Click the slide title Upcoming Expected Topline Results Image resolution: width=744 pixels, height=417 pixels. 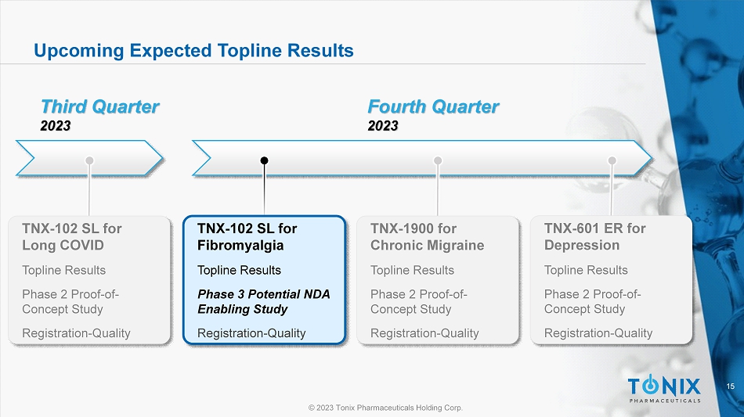tap(193, 51)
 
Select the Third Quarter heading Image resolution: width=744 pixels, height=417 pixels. tap(99, 106)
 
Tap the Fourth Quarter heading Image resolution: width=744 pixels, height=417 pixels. tap(433, 106)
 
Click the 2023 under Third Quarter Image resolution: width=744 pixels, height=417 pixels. tap(56, 126)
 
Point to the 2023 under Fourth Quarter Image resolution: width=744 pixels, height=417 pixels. tap(383, 126)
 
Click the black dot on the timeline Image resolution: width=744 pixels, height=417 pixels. tap(264, 160)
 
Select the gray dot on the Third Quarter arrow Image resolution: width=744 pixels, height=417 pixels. tap(89, 160)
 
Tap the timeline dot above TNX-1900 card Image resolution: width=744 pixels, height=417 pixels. tap(438, 160)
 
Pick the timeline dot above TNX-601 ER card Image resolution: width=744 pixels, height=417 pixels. tap(612, 160)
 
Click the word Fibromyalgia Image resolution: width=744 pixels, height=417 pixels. tap(240, 246)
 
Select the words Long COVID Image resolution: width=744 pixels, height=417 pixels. tap(63, 246)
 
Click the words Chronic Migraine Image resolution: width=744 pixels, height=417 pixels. tap(427, 246)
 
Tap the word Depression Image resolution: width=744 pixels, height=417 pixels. tap(582, 246)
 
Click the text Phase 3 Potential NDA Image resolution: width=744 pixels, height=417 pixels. tap(264, 294)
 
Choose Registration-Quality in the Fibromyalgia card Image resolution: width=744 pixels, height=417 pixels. tap(251, 333)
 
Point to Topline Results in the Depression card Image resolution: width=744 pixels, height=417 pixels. tap(586, 270)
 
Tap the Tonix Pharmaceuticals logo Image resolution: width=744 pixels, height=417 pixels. tap(664, 389)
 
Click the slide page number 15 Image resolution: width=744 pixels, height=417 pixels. tap(730, 386)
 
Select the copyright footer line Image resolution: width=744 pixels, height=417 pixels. tap(385, 408)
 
